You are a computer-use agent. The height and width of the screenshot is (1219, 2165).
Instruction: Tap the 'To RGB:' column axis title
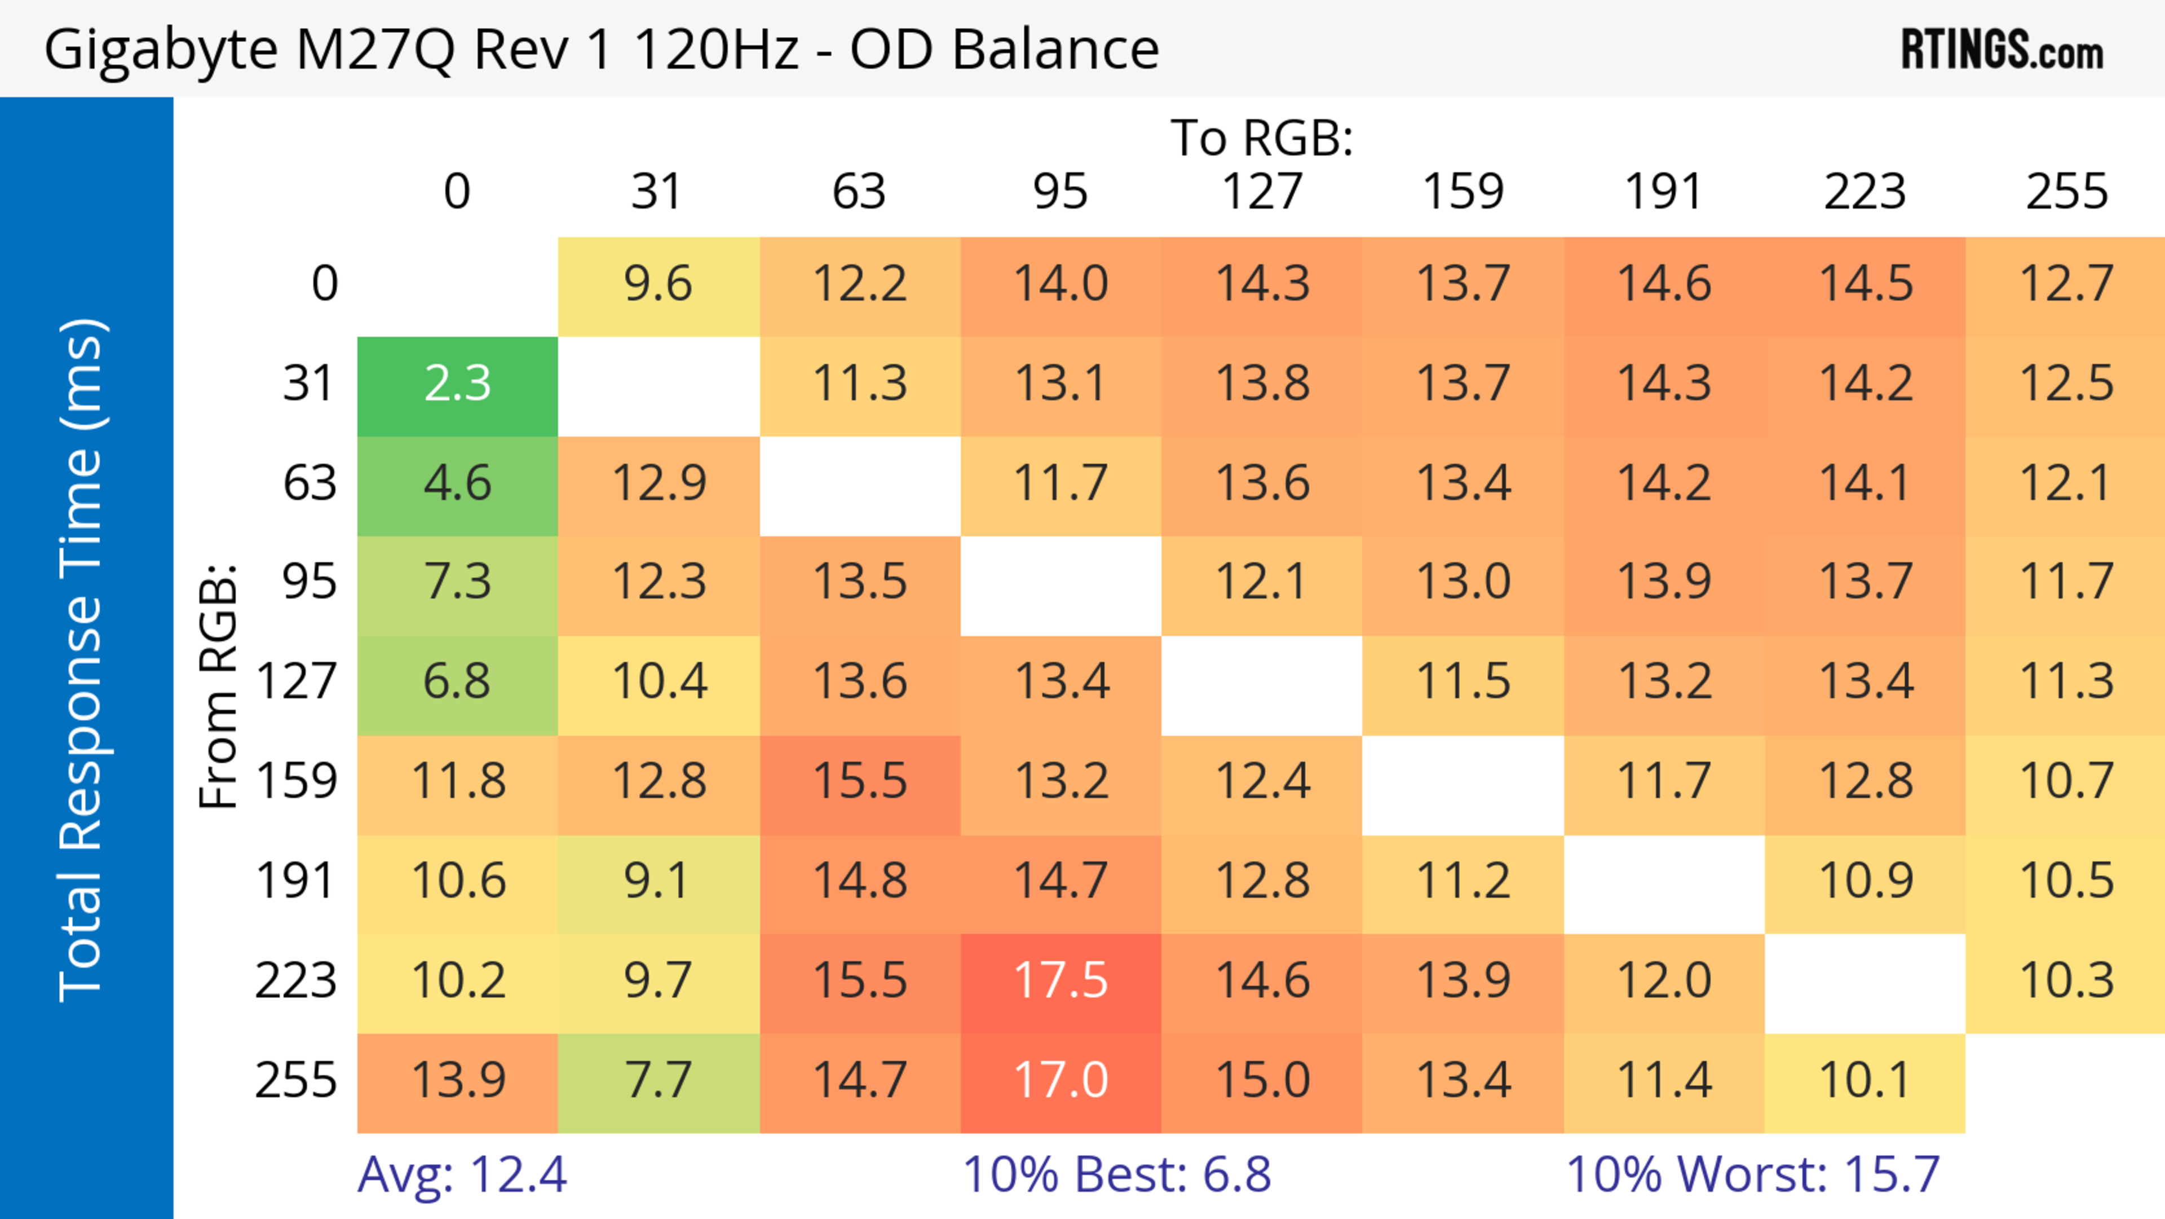[1262, 138]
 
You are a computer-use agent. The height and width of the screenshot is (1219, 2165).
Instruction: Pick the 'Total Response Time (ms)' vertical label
[82, 660]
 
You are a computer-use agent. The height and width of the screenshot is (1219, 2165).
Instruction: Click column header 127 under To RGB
[1262, 192]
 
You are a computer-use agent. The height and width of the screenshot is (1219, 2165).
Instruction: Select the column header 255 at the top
[2067, 192]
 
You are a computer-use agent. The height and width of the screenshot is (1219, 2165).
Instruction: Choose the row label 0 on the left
[324, 283]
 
